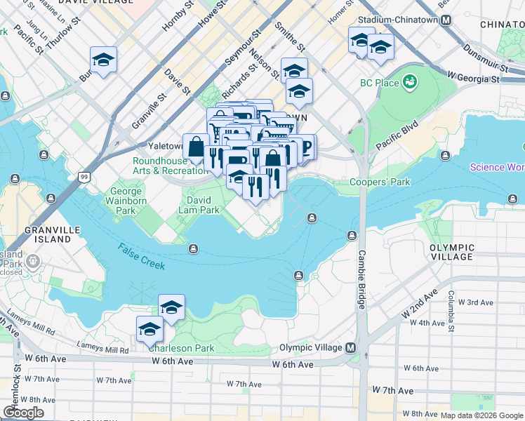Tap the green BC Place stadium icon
(409, 83)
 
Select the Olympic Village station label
(311, 348)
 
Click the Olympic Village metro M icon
(350, 348)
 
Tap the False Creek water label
(142, 256)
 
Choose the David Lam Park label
(199, 205)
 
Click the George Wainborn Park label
(126, 201)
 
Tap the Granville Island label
(48, 234)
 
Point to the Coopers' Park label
(380, 182)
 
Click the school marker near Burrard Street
(103, 60)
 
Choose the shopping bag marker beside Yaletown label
(196, 147)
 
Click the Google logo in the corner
(23, 413)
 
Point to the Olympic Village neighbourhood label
(452, 253)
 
